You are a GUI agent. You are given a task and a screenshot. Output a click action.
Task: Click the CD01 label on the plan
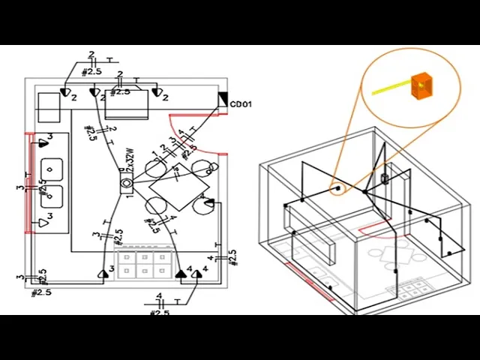click(x=240, y=104)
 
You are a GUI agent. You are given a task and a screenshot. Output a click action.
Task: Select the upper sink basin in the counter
click(x=51, y=166)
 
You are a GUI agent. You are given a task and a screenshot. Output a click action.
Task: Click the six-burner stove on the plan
click(x=145, y=262)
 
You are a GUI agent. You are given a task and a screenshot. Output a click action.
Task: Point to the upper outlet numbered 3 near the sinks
click(x=42, y=139)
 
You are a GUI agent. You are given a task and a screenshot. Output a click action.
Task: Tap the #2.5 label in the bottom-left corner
click(x=40, y=292)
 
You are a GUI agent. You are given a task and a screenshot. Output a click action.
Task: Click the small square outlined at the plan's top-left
click(x=51, y=106)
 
